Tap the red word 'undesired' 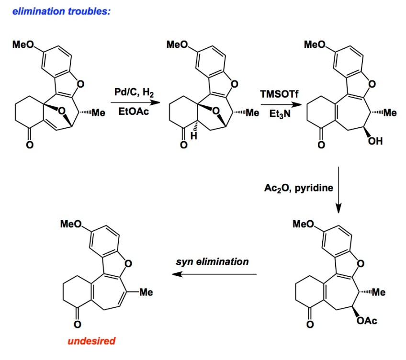click(91, 341)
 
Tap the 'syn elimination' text click(212, 261)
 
